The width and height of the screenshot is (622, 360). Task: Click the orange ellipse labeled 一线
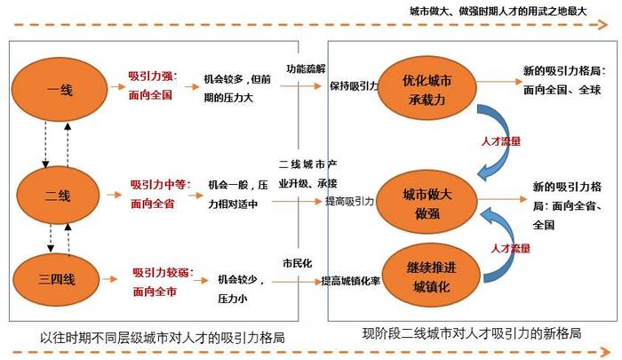click(x=60, y=90)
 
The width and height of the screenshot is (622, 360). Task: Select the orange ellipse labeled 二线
click(x=59, y=196)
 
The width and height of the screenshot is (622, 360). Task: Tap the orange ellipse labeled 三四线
click(x=56, y=279)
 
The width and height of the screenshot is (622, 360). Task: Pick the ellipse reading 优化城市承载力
click(x=427, y=89)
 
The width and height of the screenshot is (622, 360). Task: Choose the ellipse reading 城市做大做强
click(x=427, y=203)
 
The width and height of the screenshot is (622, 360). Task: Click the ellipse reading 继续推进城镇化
click(x=431, y=276)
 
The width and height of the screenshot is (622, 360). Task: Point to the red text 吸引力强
click(x=150, y=76)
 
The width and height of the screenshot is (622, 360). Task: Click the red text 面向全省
click(x=153, y=204)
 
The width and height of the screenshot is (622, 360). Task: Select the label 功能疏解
click(x=306, y=68)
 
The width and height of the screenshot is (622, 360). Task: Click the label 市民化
click(x=298, y=263)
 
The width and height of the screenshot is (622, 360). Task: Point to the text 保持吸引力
click(x=354, y=85)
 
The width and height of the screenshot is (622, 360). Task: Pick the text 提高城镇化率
click(x=351, y=281)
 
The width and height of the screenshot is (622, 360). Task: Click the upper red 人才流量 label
click(x=500, y=141)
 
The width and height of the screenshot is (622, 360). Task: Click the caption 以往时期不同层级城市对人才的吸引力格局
click(x=163, y=338)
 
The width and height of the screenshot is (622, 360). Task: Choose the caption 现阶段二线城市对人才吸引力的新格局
click(x=472, y=333)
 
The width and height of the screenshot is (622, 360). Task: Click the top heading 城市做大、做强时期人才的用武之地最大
click(x=498, y=12)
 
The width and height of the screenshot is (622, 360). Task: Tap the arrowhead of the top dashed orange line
click(x=603, y=25)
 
